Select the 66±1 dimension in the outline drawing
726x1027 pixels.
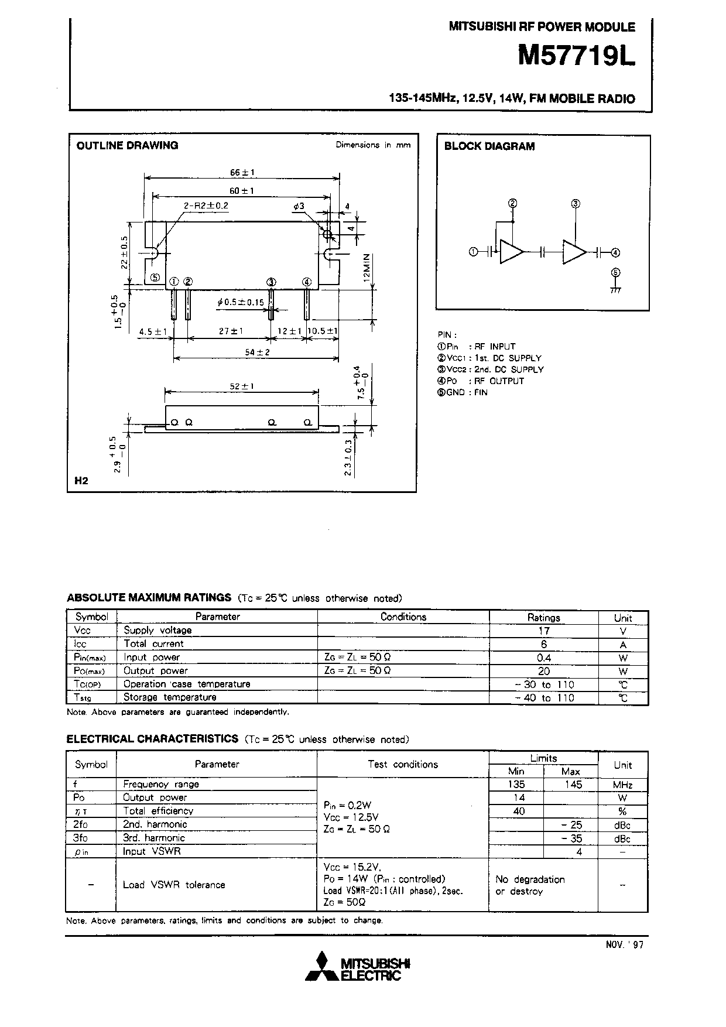242,173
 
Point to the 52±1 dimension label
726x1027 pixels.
241,386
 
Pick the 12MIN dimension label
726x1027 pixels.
367,268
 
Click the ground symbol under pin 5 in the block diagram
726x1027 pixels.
615,290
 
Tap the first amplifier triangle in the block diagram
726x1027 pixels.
511,252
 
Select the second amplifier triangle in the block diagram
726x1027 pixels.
574,252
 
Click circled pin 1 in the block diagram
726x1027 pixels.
474,252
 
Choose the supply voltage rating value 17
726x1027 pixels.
543,631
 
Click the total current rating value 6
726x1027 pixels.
543,644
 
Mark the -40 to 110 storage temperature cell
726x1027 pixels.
544,698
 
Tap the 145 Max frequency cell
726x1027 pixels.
571,785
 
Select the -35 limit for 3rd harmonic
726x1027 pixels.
571,838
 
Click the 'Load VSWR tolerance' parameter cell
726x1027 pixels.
174,885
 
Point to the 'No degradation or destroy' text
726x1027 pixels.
529,885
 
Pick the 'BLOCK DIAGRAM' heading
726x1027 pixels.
489,146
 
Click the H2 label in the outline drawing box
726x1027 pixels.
81,481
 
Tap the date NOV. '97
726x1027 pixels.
625,944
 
